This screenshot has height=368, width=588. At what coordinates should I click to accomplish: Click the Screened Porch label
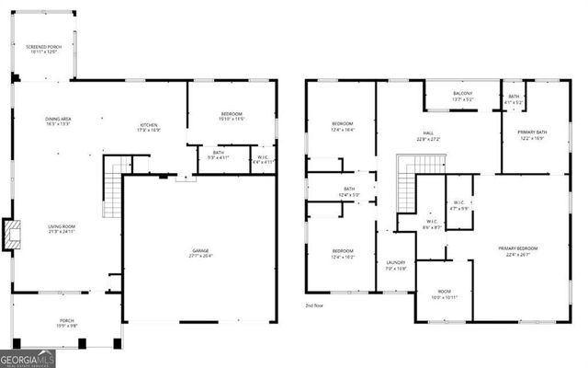coord(41,49)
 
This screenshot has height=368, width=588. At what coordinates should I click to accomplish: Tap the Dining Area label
coord(59,121)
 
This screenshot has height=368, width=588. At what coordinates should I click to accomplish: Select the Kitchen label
coord(149,127)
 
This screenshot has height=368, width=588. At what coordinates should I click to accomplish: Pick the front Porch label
coord(60,324)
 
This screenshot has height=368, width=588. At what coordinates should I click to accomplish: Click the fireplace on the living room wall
coord(12,235)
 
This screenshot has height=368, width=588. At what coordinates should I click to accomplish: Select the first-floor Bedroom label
coord(231,117)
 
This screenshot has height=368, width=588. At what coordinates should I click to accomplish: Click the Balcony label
coord(463,96)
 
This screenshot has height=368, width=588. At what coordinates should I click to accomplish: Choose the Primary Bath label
coord(532,135)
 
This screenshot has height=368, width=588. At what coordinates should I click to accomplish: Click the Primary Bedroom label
coord(518,251)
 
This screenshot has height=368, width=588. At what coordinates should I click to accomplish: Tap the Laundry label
coord(396,265)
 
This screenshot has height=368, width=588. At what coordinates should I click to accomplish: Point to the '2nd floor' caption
coord(315,305)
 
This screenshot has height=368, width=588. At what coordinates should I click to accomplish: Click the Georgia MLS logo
coord(28,358)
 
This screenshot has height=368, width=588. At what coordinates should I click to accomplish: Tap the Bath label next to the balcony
coord(514,98)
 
